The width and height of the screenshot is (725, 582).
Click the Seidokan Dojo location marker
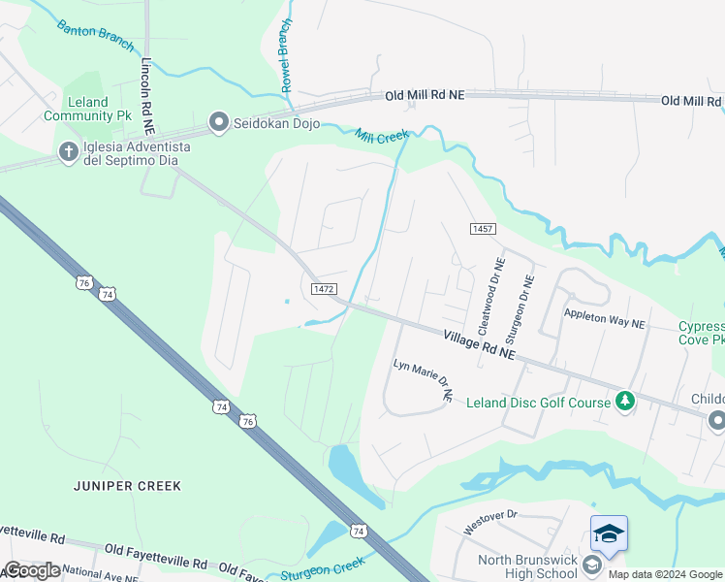[x=218, y=122]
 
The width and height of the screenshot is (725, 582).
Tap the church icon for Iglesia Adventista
[x=68, y=151]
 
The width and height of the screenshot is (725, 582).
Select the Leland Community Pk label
[x=87, y=109]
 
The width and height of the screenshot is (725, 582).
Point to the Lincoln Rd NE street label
[x=147, y=94]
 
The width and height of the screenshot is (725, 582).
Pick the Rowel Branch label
[x=287, y=56]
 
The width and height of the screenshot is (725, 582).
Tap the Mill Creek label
[x=382, y=137]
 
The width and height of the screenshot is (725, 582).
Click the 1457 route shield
[x=483, y=229]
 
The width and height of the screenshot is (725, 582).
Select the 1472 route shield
[x=324, y=289]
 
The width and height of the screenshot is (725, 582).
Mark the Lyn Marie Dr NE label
[x=423, y=380]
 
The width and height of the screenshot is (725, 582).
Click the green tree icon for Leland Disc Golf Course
[x=626, y=401]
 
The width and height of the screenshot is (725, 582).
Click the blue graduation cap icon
[x=609, y=533]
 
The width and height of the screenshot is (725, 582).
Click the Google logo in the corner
[x=31, y=570]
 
